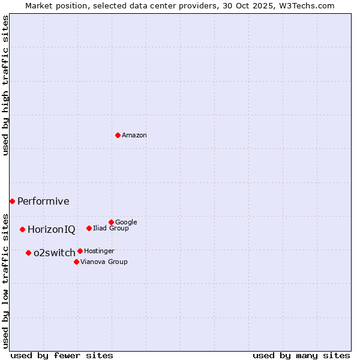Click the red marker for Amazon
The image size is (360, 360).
click(118, 135)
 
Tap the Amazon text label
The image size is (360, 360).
click(134, 136)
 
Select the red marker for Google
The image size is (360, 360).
click(111, 222)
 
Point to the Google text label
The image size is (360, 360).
click(126, 223)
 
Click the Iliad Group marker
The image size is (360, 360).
click(89, 228)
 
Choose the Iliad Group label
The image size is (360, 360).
click(111, 229)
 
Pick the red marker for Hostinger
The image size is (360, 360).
click(80, 251)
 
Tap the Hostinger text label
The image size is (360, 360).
click(99, 251)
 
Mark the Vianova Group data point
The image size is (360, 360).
click(76, 262)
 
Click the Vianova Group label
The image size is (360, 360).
click(104, 262)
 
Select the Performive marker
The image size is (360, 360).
click(12, 201)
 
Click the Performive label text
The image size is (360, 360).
click(43, 202)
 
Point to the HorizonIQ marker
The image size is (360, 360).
click(22, 229)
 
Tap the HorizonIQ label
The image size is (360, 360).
click(52, 230)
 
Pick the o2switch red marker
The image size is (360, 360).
click(28, 253)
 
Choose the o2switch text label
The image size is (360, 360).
click(55, 253)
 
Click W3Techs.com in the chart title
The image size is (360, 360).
click(310, 6)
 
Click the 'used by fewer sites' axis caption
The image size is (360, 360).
click(62, 355)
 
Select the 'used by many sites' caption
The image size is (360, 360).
click(301, 355)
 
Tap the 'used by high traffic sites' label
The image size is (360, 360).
click(6, 85)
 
